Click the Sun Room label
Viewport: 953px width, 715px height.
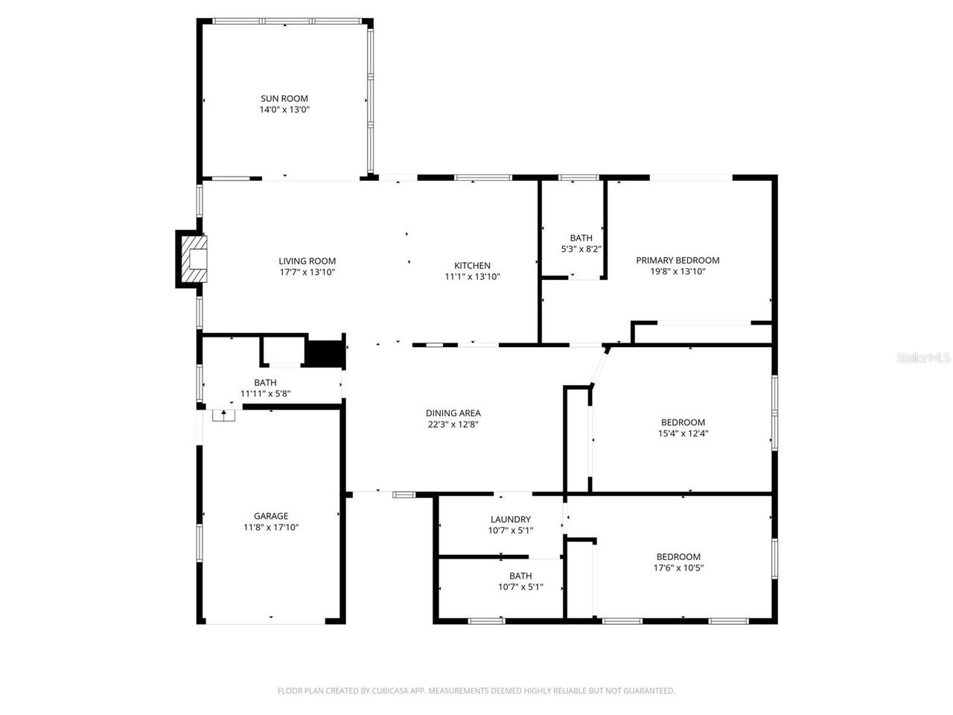click(284, 98)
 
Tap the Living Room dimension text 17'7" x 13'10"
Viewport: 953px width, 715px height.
click(307, 273)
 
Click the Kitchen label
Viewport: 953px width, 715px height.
click(472, 265)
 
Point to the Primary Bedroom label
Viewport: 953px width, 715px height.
click(678, 260)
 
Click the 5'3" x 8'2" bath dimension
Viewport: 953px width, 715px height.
click(581, 250)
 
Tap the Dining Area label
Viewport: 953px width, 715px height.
click(453, 413)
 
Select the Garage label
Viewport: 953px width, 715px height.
click(271, 515)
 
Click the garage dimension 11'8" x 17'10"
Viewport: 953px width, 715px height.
click(271, 527)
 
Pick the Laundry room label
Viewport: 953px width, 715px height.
click(510, 519)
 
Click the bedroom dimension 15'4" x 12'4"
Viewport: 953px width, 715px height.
click(683, 433)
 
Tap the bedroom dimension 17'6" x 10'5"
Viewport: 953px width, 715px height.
click(678, 568)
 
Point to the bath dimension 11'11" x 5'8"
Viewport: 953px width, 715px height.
click(265, 394)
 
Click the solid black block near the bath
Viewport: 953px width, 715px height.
click(324, 353)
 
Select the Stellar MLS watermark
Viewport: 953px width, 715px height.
click(923, 357)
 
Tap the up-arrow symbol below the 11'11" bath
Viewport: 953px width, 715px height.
click(223, 413)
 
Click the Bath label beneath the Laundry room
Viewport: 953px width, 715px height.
click(520, 576)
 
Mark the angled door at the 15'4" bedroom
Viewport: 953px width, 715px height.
click(600, 366)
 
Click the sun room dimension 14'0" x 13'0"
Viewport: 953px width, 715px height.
click(284, 109)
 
